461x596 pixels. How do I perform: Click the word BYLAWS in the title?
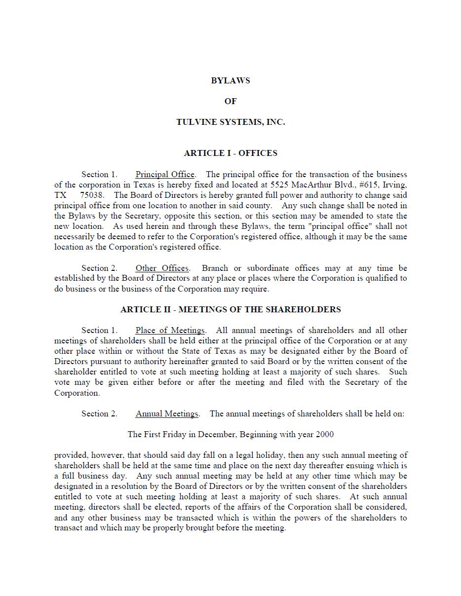pos(230,80)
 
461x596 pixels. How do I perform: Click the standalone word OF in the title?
pos(230,101)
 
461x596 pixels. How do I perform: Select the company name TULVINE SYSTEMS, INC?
pos(230,122)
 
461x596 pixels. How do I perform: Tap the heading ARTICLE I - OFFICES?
pos(230,153)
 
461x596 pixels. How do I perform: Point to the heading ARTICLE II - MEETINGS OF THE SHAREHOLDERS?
pos(230,309)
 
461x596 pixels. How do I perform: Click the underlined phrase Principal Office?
pos(165,174)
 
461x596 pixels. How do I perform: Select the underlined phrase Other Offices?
pos(162,268)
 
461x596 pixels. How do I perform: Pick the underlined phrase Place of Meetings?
pos(170,330)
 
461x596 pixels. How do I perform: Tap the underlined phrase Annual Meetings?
pos(167,413)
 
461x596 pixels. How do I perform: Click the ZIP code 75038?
pos(92,195)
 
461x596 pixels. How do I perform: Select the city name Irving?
pos(394,185)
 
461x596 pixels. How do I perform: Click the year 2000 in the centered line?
pos(324,434)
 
